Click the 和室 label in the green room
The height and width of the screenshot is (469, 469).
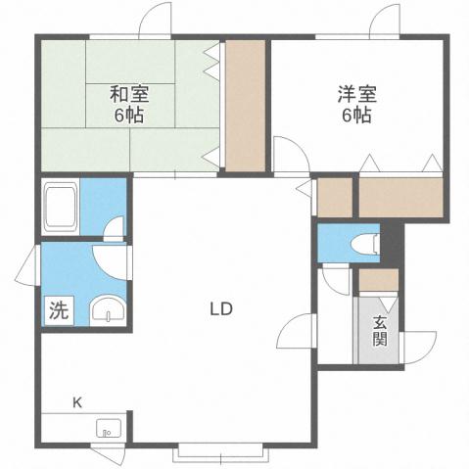127,95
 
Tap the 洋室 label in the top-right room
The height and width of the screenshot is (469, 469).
355,95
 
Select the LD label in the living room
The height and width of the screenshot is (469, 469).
219,309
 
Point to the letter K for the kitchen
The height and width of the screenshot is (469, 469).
75,401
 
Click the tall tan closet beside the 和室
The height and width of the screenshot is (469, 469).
245,106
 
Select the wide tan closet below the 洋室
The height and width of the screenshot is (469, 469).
400,199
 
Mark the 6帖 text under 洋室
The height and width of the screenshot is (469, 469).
355,114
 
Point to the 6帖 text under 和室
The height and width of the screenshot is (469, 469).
127,114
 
